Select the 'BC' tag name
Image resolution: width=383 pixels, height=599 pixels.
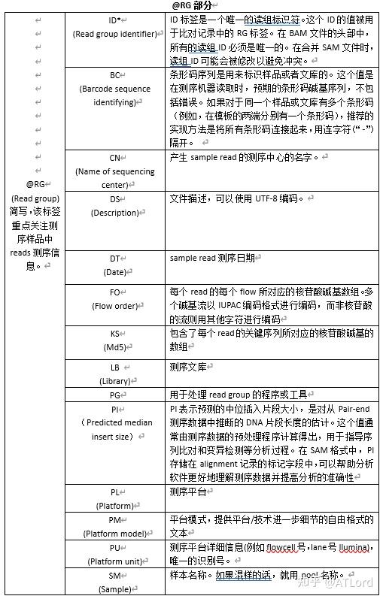coord(115,75)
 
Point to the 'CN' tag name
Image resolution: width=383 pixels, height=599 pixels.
coord(115,158)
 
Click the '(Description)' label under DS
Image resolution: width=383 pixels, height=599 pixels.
coord(115,213)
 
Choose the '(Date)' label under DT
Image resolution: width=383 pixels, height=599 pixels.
coord(115,271)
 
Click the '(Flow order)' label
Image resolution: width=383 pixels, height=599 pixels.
coord(115,306)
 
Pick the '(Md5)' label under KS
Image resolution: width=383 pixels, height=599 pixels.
coord(115,347)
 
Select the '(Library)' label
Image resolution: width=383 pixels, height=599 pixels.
coord(115,381)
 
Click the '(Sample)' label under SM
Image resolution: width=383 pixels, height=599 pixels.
coord(115,589)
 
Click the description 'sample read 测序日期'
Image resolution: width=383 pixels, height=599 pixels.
coord(213,258)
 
